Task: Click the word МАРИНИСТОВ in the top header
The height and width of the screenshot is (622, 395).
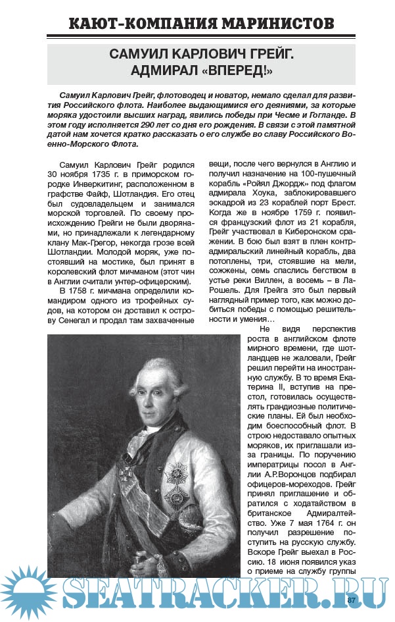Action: point(270,24)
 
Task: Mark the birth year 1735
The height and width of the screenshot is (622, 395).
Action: point(103,174)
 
